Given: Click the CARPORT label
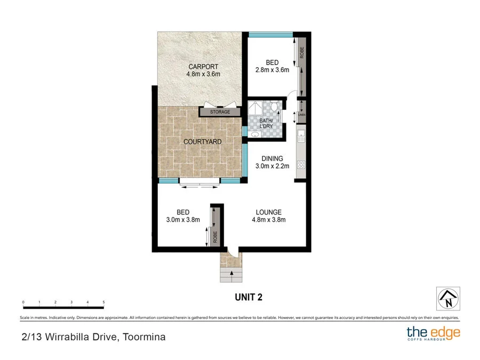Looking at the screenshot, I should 203,67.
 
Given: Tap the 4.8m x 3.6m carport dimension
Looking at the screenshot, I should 203,75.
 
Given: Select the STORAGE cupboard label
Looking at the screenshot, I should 220,112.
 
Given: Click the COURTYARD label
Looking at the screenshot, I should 203,142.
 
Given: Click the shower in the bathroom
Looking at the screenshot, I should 256,110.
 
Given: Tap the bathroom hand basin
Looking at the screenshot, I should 253,135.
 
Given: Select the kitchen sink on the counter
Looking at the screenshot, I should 301,134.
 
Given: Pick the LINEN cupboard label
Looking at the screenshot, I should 301,115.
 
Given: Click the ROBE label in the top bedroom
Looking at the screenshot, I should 301,53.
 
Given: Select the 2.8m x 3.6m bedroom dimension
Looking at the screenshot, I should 272,70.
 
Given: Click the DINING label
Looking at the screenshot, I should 272,158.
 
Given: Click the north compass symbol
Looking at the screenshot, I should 448,299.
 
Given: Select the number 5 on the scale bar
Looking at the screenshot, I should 103,302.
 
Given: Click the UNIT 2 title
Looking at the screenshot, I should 248,297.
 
